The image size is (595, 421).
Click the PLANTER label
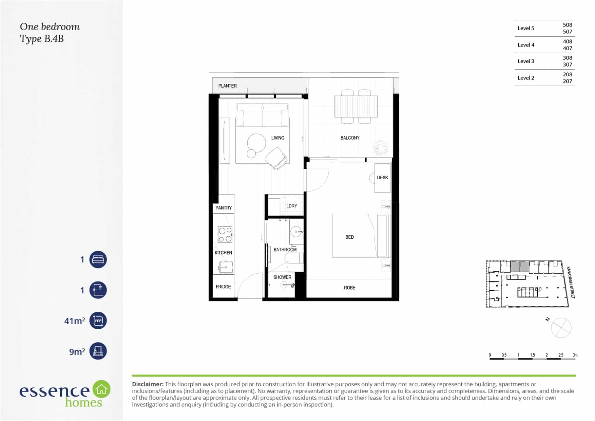[228, 86]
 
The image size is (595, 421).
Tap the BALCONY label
[350, 138]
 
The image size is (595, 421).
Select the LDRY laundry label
[291, 206]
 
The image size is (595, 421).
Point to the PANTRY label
[224, 208]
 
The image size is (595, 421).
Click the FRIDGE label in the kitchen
[223, 287]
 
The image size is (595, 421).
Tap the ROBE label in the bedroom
[349, 288]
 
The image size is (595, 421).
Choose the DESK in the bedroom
[382, 178]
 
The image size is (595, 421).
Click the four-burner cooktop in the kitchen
[225, 235]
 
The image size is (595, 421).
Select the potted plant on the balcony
[380, 148]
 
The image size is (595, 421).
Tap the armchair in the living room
[276, 158]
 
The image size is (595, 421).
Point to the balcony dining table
[356, 106]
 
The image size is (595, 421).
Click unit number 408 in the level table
[567, 41]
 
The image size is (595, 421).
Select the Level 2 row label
[526, 78]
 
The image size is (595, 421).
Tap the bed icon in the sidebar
[98, 260]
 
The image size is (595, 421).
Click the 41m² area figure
[75, 321]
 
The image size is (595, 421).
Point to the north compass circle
[561, 328]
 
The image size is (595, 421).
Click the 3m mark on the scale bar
[575, 355]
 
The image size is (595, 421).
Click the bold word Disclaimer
[148, 384]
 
